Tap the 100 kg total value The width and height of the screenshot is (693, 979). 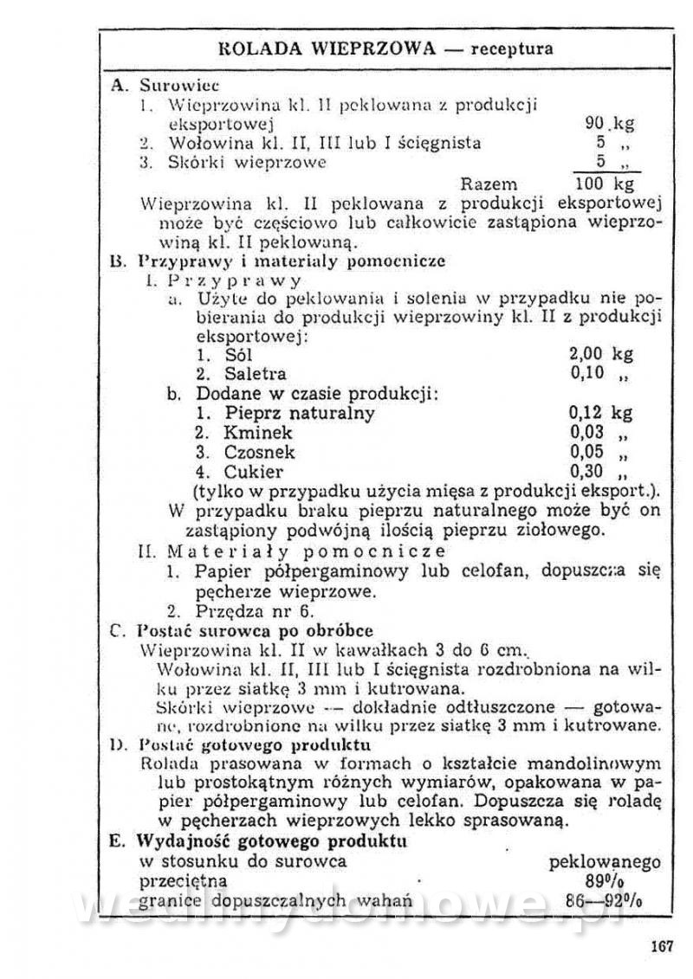(606, 184)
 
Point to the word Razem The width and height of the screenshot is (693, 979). (489, 184)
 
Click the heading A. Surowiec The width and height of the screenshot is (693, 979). (165, 86)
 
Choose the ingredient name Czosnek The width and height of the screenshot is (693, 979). (259, 452)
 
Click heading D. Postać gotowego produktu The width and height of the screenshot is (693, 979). (243, 744)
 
